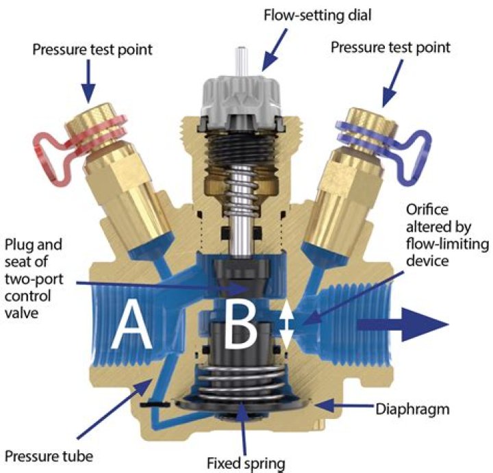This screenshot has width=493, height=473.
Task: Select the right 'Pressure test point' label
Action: [391, 48]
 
